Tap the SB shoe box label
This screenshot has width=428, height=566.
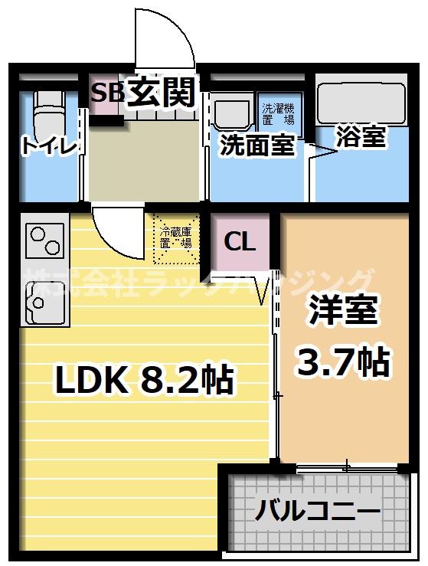108,92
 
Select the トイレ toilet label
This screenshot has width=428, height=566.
49,146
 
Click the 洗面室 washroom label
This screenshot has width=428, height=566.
256,146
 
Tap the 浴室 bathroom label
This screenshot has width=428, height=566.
361,137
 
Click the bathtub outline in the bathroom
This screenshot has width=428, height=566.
361,100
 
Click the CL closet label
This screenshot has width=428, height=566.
240,242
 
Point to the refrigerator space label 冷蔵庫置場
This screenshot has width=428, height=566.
175,237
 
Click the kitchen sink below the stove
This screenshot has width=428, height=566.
42,301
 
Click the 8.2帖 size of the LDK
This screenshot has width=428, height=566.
185,379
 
